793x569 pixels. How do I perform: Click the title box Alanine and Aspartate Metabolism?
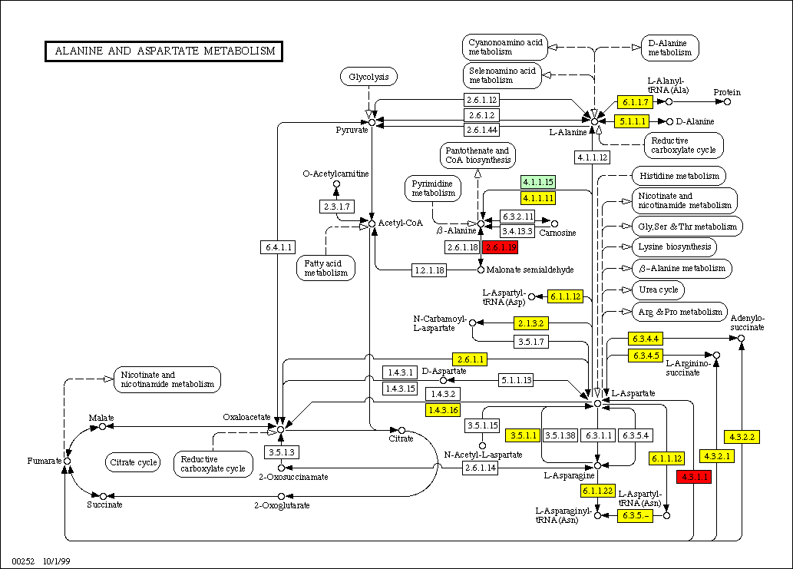pos(164,51)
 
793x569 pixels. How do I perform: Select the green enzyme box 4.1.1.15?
pos(537,182)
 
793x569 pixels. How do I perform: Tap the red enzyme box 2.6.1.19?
pos(500,246)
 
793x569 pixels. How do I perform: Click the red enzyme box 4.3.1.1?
pos(693,477)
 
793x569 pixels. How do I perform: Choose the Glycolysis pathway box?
pos(368,77)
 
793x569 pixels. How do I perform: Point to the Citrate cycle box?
pos(133,462)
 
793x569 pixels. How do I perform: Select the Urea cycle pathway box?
pos(657,291)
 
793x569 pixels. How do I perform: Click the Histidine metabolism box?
pos(677,176)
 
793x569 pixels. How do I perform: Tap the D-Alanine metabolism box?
pos(670,48)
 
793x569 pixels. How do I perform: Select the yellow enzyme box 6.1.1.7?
pos(636,101)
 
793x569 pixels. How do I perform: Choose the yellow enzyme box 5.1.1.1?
pos(632,121)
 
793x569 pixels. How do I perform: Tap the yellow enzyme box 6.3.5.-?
pos(635,515)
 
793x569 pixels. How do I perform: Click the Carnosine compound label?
pos(558,232)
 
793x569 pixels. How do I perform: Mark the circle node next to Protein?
pos(727,101)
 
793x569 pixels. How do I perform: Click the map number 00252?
pos(24,562)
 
